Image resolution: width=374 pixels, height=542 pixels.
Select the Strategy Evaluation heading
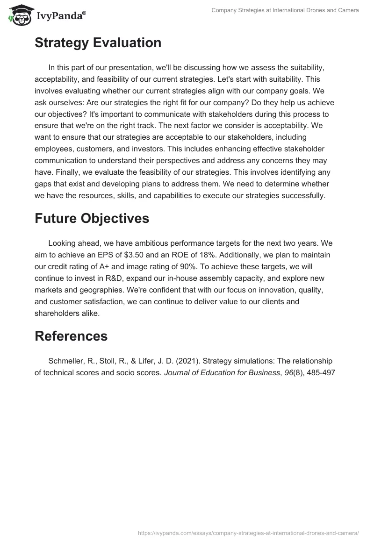click(98, 43)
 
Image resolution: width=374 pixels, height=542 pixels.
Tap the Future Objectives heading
click(92, 218)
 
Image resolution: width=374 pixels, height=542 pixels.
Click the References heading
click(71, 336)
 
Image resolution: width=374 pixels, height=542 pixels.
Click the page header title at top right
click(285, 10)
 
